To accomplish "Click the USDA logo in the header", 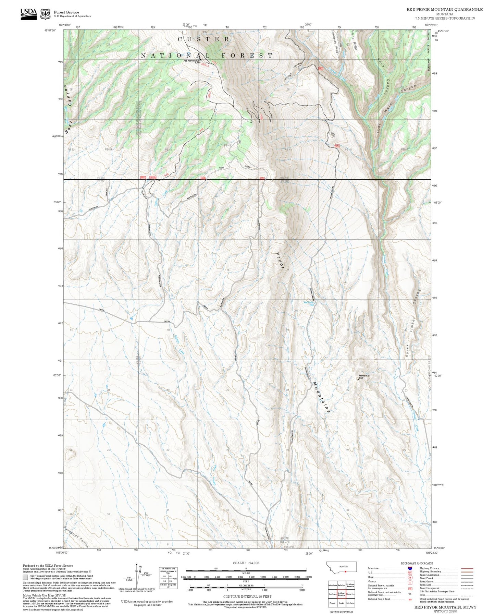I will pos(28,14).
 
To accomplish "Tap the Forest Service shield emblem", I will pos(45,14).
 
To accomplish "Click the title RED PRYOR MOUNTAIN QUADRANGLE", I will pos(444,10).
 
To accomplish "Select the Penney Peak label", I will pos(364,376).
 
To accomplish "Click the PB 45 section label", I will pos(348,150).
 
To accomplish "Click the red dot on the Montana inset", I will pos(346,572).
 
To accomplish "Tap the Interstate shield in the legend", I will pos(410,568).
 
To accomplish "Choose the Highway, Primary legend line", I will pos(467,568).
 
